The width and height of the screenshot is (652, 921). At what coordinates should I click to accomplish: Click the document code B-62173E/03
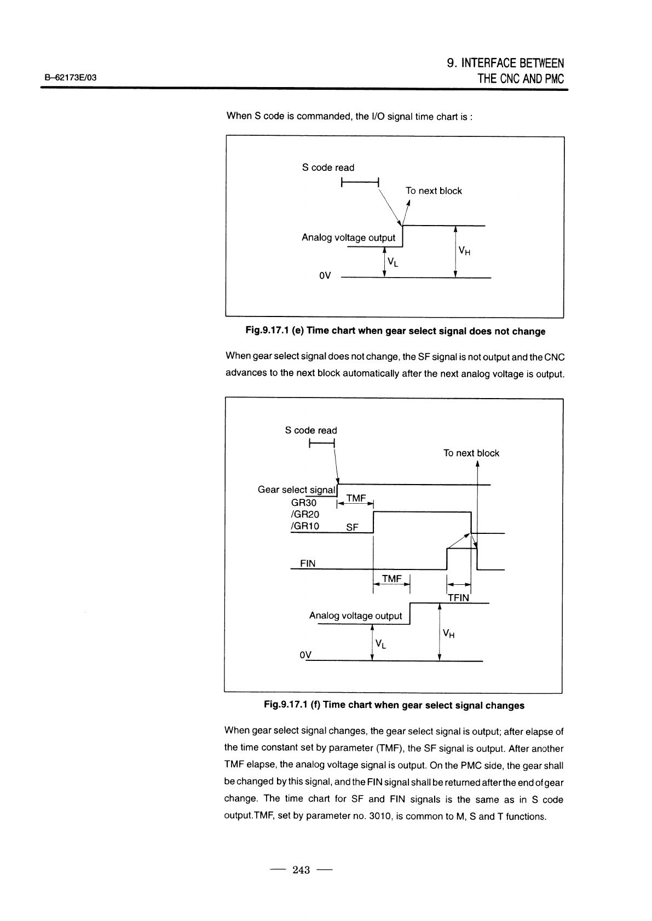click(x=71, y=78)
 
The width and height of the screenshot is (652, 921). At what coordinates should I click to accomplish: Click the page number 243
click(x=301, y=870)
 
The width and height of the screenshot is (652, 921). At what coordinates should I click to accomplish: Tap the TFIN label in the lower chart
click(x=458, y=598)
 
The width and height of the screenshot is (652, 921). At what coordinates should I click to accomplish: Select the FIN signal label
click(x=308, y=563)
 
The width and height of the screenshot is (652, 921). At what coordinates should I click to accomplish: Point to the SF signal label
click(x=352, y=528)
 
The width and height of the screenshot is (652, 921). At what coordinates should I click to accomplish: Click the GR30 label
click(x=304, y=503)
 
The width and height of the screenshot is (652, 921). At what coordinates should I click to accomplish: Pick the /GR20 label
click(x=305, y=515)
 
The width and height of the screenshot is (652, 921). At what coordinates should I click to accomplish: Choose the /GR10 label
click(x=305, y=527)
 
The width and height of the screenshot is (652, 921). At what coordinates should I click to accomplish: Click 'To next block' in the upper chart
click(x=434, y=191)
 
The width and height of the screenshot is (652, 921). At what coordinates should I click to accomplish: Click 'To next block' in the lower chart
click(x=471, y=453)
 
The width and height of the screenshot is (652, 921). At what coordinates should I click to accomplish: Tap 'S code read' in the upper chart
click(x=328, y=168)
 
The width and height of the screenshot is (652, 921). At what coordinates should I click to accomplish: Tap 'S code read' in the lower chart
click(x=311, y=431)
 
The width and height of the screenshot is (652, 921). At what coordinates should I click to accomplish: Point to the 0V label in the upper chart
click(x=325, y=276)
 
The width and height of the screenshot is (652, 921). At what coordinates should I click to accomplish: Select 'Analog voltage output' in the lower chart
click(x=355, y=616)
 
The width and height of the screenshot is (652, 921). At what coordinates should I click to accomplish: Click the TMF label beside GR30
click(x=356, y=498)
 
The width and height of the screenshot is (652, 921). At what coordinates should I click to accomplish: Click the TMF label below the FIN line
click(x=391, y=579)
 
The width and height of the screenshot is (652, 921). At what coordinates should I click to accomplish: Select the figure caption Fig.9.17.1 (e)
click(x=394, y=331)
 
